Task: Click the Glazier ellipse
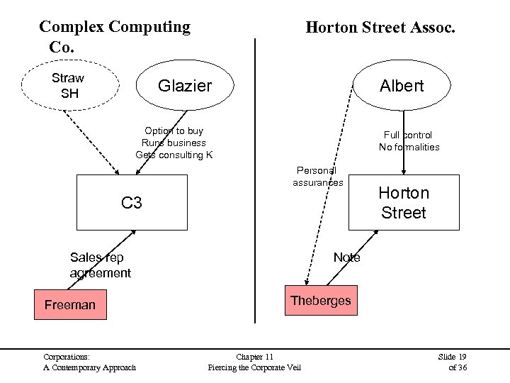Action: click(185, 86)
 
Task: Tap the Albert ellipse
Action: click(402, 86)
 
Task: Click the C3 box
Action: click(132, 204)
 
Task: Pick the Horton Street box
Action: click(403, 202)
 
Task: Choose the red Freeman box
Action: click(70, 305)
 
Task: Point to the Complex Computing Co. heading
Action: click(114, 36)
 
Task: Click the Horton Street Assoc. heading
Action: click(380, 28)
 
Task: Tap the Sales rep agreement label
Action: click(100, 265)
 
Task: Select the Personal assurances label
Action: click(317, 177)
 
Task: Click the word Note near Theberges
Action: click(346, 257)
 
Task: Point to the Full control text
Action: click(408, 135)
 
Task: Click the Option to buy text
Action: click(174, 131)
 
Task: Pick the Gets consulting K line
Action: click(174, 155)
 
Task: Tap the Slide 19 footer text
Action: click(453, 356)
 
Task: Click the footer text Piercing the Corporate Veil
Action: click(254, 367)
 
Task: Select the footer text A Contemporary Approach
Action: click(89, 367)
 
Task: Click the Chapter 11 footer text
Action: click(254, 356)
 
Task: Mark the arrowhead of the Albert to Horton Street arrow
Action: click(404, 171)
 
